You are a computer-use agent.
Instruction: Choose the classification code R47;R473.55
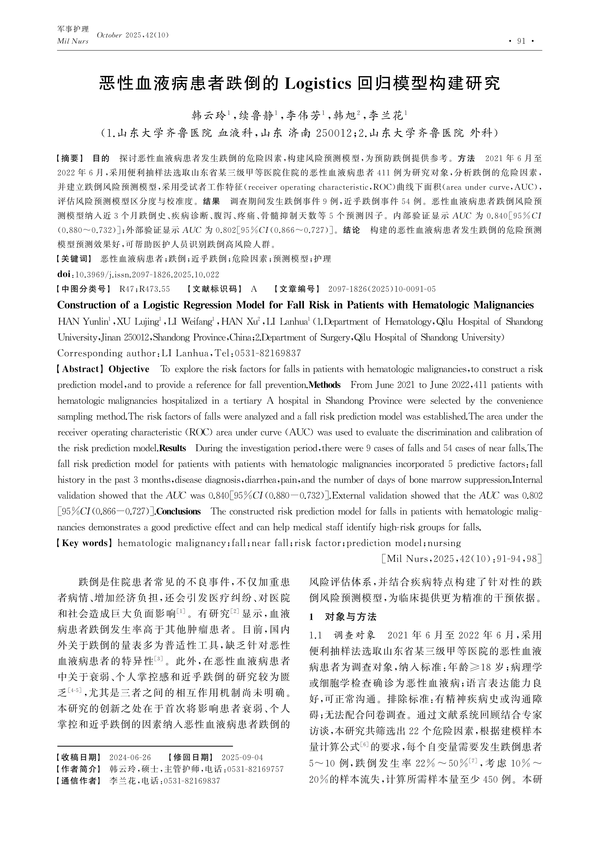[x=145, y=289]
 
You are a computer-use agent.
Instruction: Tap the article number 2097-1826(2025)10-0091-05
[x=382, y=289]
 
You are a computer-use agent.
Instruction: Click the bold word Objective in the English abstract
[x=129, y=369]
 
